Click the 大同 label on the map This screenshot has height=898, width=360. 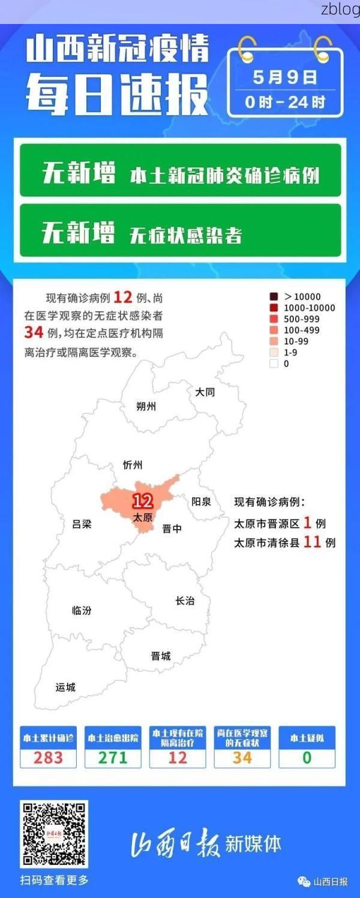(205, 392)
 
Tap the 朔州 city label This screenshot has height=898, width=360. (146, 406)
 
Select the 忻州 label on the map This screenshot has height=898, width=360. (132, 465)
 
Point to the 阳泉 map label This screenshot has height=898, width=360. (201, 501)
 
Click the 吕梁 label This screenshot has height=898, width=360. (82, 524)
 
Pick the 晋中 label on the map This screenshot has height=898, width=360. (172, 528)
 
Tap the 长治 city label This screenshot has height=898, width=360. (185, 600)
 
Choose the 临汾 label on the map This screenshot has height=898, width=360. (82, 610)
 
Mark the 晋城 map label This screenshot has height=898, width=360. (161, 656)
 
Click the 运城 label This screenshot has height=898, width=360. (65, 687)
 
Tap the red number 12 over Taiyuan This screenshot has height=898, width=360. (142, 501)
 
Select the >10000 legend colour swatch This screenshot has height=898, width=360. (274, 296)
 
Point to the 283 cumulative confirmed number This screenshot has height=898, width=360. (48, 757)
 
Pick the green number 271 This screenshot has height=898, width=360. (113, 757)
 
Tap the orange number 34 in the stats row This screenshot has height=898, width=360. (242, 757)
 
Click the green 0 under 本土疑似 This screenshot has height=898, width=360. (307, 757)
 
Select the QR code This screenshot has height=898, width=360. (54, 834)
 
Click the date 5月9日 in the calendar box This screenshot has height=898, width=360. (285, 77)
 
